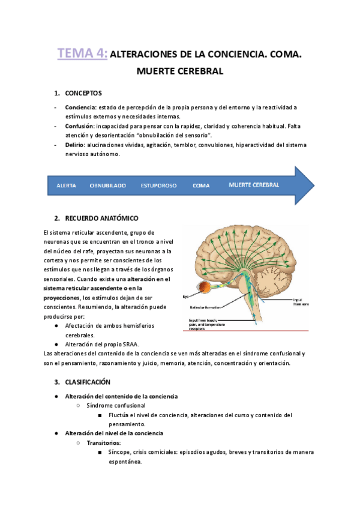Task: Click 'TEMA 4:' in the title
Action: coord(82,54)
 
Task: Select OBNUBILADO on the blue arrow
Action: coord(107,185)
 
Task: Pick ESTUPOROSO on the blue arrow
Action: coord(158,185)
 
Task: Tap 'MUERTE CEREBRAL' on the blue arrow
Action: coord(254,185)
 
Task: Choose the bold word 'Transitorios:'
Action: coord(103,442)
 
